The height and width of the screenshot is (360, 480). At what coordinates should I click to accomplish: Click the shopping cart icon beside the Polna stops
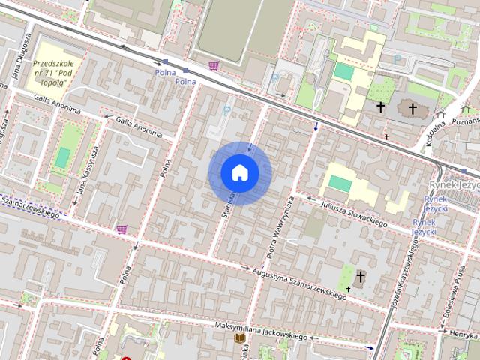coord(214,66)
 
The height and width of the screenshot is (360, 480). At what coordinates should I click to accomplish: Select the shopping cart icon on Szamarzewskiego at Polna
coord(121,229)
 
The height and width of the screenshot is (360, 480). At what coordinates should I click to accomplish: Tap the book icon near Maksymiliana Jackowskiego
coord(240,339)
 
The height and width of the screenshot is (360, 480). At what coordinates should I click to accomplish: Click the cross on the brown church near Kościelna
coord(411,108)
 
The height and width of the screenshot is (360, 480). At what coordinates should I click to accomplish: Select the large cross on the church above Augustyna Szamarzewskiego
coord(361,277)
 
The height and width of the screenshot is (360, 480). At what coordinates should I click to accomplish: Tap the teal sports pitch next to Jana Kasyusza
coord(64,157)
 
